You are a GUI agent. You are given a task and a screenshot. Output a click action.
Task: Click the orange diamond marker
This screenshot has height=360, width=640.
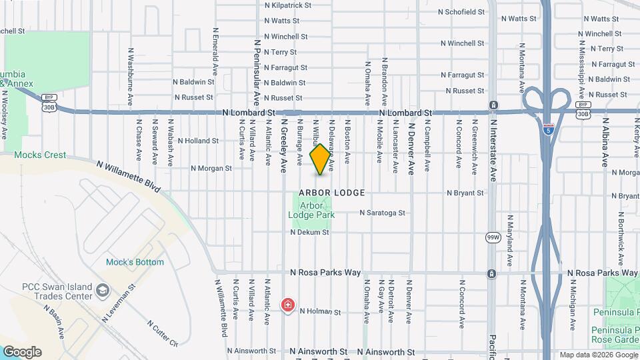pos(321,159)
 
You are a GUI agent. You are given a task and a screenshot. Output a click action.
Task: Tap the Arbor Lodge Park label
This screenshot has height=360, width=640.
pos(311,211)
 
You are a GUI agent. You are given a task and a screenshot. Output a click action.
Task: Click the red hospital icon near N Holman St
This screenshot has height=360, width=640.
pos(287,305)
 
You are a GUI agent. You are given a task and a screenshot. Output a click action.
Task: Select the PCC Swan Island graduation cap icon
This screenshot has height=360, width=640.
pos(103,291)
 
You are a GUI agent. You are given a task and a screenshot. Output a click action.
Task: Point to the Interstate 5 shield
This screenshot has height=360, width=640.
pos(548,129)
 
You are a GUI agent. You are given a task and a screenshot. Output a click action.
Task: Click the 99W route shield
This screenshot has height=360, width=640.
pos(493,237)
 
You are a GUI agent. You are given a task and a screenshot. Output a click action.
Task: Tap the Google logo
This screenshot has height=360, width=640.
pos(22,352)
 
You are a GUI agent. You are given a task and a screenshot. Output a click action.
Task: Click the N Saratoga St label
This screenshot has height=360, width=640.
pos(383,213)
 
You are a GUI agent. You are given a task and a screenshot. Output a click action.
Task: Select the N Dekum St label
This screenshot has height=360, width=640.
pos(310,233)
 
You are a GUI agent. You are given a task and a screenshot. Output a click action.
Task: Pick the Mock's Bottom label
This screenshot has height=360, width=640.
pos(135,262)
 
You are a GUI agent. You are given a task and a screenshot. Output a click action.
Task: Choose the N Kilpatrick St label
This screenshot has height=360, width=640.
pos(288,5)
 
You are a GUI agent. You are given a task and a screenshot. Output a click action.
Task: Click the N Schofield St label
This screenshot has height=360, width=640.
pos(461,12)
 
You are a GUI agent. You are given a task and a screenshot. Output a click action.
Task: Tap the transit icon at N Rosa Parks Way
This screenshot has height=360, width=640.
pos(492,273)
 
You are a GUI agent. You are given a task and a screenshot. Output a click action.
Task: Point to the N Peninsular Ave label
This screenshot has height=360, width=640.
pos(257,72)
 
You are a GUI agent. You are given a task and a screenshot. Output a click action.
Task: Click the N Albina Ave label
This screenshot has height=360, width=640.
pos(605,143)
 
